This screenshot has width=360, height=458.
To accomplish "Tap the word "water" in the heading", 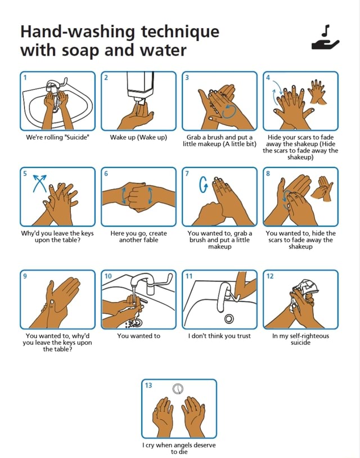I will click(x=159, y=51).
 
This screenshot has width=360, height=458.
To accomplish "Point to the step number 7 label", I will click(x=188, y=173).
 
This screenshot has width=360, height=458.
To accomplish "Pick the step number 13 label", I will click(x=148, y=385).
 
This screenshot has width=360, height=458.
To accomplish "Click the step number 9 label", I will click(x=24, y=276).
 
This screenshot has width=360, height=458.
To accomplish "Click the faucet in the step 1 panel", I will click(x=54, y=86).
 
